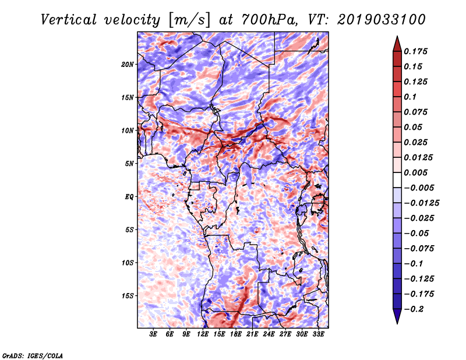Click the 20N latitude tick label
[128, 65]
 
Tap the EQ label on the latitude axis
[129, 197]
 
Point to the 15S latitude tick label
[128, 296]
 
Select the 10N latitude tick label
[128, 131]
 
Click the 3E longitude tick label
[153, 334]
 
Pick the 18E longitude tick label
[236, 334]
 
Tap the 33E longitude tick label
[318, 334]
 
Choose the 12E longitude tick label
[203, 334]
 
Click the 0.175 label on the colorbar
[415, 51]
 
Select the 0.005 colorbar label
[415, 172]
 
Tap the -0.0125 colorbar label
[421, 203]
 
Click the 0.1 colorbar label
[410, 97]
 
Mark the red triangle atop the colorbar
[397, 44]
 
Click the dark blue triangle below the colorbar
[397, 316]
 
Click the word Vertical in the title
[69, 20]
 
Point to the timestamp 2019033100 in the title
[382, 20]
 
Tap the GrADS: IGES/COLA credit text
[33, 355]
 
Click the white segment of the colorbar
[397, 180]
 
